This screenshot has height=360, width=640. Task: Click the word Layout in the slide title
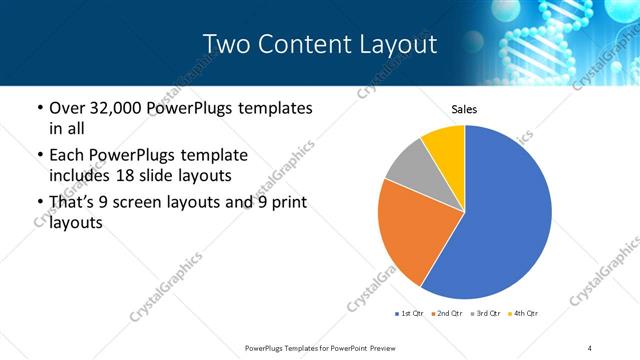pos(399,44)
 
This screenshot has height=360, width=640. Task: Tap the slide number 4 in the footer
pos(590,347)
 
